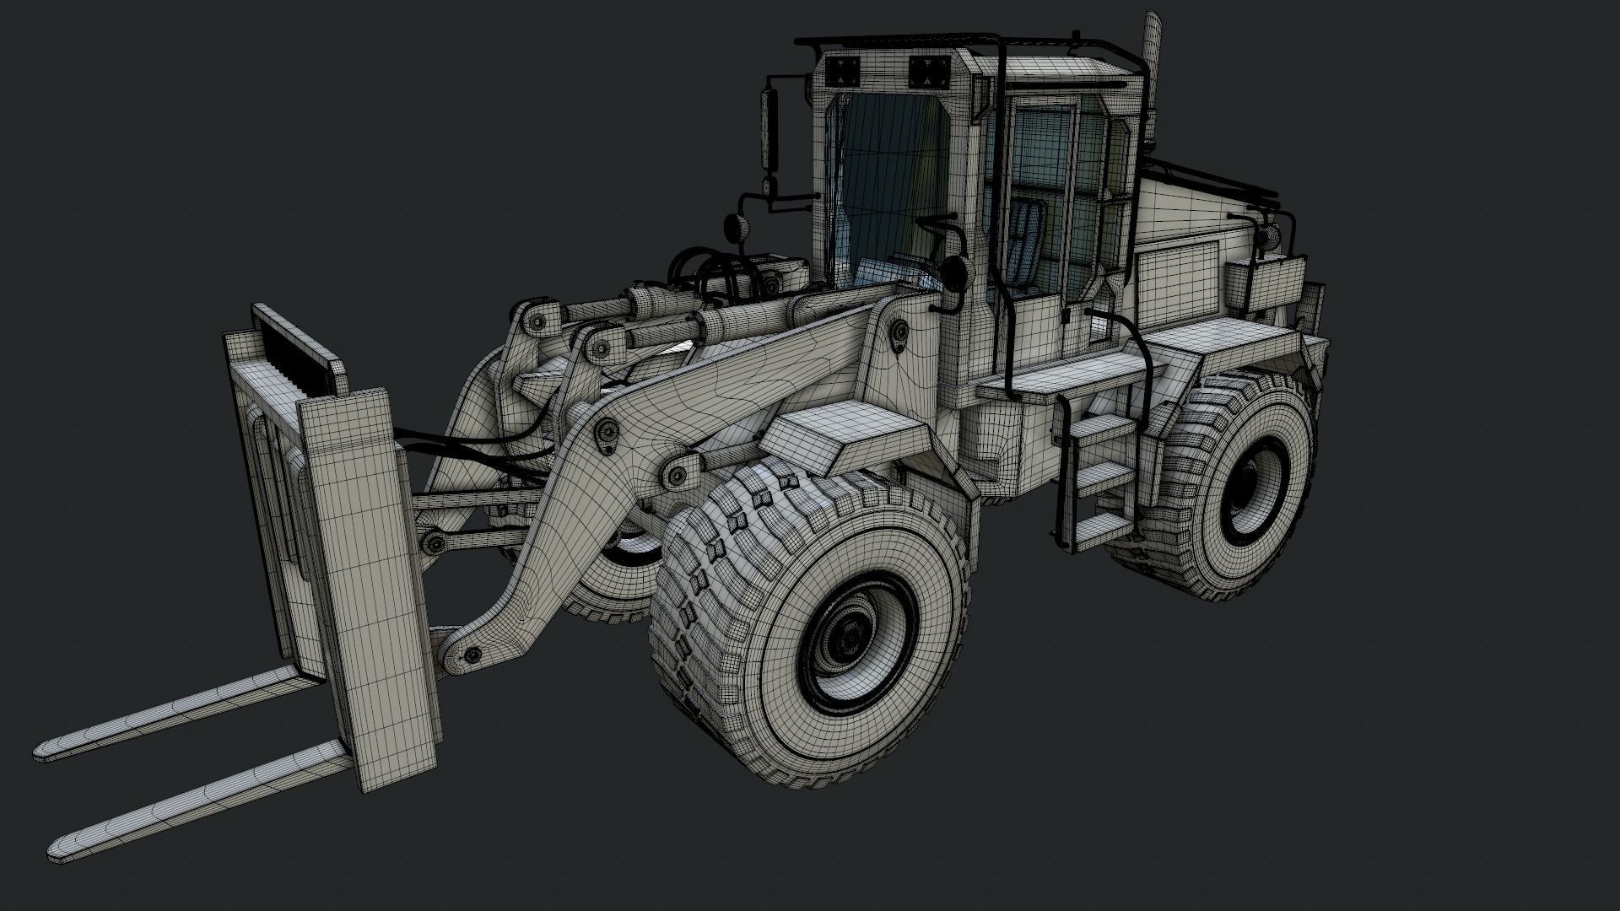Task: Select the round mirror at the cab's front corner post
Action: click(954, 272)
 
